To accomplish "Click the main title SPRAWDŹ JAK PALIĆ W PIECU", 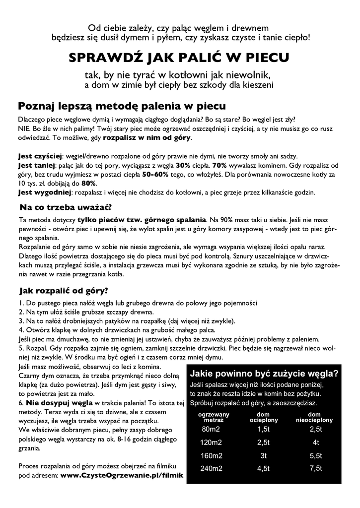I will coord(179,59).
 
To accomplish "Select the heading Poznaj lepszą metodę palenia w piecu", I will coord(122,106).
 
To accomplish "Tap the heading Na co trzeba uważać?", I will coord(65,207).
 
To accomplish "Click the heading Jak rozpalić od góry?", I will coord(63,290).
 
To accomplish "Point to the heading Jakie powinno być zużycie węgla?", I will coord(265,374).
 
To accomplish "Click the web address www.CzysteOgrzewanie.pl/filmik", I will coord(122,475).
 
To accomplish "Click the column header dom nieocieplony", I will coord(314,417).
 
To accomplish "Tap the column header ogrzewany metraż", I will coord(214,417).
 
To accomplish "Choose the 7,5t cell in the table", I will coord(315,468).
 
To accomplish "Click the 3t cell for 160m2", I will coord(263,455).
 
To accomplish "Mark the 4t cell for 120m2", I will coord(315,442).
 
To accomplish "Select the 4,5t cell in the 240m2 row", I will coord(263,468).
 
